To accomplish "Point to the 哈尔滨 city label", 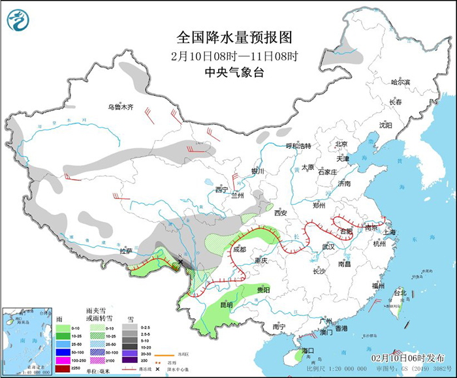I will (400, 82).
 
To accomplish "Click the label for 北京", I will (340, 144).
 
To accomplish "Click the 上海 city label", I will (391, 232).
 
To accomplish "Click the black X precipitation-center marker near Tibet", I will (181, 262).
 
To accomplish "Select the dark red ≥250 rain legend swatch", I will (61, 369).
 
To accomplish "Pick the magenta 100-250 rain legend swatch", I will (61, 360).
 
